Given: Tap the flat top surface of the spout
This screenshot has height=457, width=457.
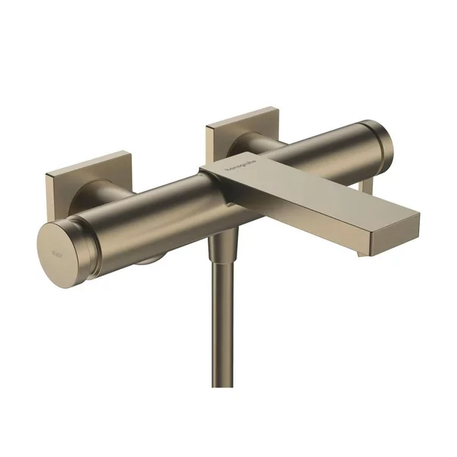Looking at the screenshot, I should click(303, 186).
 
